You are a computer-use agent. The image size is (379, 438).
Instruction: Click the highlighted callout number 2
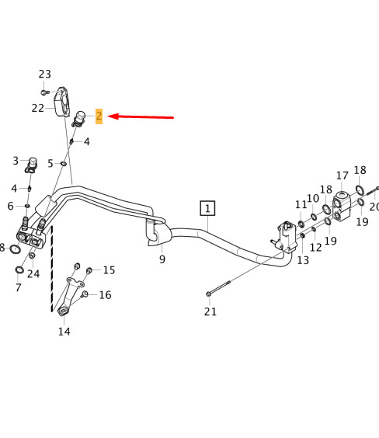coord(99,116)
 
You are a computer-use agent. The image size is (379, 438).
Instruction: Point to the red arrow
coord(141,117)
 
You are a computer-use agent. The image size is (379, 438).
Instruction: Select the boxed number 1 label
coord(207,208)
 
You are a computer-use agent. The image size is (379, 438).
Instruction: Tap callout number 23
coord(45,75)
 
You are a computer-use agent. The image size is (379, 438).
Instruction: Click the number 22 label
coord(38,108)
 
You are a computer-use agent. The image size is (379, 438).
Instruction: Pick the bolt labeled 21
coord(219,287)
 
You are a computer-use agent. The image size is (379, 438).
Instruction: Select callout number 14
coord(64,332)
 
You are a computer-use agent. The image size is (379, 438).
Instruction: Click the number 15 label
coord(109,270)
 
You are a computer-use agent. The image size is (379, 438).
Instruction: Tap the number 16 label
coord(106,295)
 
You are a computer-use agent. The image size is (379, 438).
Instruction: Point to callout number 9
coord(162,259)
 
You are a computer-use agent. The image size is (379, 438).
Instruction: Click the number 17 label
coord(342,176)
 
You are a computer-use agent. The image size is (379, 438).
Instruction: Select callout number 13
coord(303,260)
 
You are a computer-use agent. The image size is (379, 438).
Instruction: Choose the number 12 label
coord(316,247)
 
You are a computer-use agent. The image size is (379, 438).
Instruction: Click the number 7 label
coord(19,287)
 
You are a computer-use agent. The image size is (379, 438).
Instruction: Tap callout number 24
coord(33,273)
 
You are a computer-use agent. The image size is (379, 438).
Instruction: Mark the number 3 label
coord(16,161)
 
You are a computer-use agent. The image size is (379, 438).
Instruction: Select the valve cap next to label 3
coord(31,165)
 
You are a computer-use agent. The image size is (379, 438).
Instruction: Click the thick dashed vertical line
coord(52,269)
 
